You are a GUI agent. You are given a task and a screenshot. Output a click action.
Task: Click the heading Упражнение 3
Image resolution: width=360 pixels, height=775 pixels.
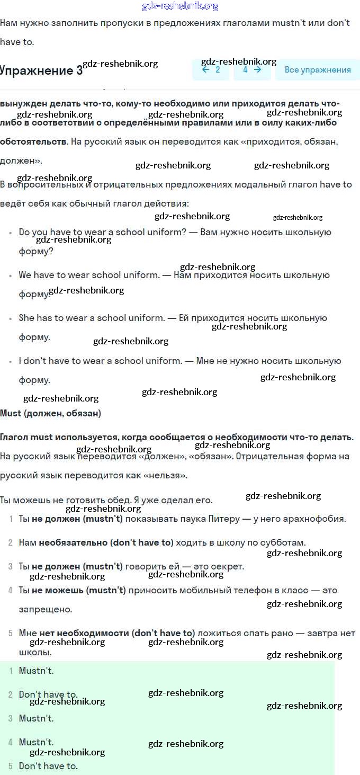coord(41,70)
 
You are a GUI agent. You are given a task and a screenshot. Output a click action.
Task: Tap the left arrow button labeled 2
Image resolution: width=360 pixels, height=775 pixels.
coord(211,70)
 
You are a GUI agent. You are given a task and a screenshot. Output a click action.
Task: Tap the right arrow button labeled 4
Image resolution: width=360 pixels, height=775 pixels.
coord(252,70)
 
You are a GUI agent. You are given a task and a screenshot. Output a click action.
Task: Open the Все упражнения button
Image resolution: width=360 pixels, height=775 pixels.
coord(318,70)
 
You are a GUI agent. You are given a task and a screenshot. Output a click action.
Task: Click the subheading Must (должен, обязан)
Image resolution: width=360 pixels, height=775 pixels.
coord(51,413)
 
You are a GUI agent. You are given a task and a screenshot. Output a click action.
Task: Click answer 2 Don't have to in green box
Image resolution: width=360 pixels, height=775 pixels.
coord(48,694)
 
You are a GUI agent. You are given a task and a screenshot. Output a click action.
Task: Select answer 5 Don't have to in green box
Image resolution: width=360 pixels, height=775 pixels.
coord(48,766)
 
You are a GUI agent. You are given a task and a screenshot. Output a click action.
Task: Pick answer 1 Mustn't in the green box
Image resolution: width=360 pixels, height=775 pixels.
coord(36,671)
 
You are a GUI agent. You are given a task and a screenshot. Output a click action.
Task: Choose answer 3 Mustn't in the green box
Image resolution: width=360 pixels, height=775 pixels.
coord(36,718)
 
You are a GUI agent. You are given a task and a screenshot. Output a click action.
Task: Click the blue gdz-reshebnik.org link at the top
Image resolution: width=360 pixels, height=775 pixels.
coord(180,6)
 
